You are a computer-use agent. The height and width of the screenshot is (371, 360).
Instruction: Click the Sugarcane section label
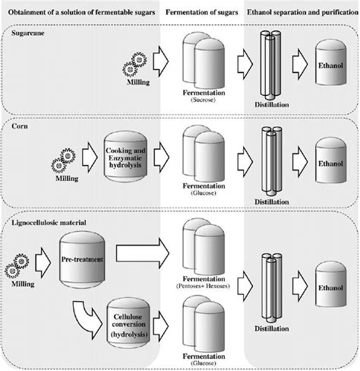(28, 33)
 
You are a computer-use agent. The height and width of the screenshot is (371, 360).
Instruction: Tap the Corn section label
(20, 126)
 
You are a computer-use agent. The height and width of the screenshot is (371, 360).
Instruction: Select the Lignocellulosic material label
(49, 223)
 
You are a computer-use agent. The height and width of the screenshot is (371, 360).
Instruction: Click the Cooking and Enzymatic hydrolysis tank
(125, 157)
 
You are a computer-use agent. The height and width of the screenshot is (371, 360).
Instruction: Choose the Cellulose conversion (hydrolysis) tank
(128, 325)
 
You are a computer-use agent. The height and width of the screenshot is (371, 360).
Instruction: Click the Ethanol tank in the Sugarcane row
(330, 62)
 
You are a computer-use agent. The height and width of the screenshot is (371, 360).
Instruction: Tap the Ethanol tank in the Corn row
(330, 160)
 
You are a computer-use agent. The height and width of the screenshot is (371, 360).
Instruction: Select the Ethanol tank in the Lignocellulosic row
(330, 284)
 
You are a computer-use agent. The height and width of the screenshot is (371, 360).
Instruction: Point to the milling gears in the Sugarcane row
(134, 65)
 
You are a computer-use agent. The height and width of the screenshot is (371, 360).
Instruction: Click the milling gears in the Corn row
(63, 160)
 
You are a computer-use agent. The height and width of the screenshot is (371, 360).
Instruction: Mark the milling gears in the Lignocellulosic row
(17, 266)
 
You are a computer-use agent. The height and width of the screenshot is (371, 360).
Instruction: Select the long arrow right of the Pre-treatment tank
(143, 253)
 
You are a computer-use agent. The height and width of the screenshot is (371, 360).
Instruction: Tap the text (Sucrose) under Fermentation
(203, 100)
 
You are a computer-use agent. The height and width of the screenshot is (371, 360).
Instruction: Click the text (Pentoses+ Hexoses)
(203, 286)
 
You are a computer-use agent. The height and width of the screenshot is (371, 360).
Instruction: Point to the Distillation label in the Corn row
(272, 202)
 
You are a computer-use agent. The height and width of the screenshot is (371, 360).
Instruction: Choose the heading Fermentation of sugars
(202, 12)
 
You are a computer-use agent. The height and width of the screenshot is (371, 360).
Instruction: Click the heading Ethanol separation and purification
(303, 12)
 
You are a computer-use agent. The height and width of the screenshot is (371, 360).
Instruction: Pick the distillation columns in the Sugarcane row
(270, 65)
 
